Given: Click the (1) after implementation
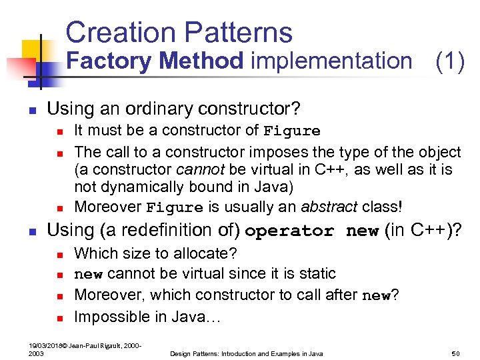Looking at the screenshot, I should pos(449,61).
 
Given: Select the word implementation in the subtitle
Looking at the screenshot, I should pos(331,61).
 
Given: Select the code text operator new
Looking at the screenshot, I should pos(311,231).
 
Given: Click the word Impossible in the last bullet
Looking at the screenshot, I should pos(111,316).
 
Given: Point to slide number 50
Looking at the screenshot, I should pos(456,353).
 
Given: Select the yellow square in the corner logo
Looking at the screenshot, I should pos(32,49).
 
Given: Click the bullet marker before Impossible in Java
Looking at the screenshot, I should pos(59,317).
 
